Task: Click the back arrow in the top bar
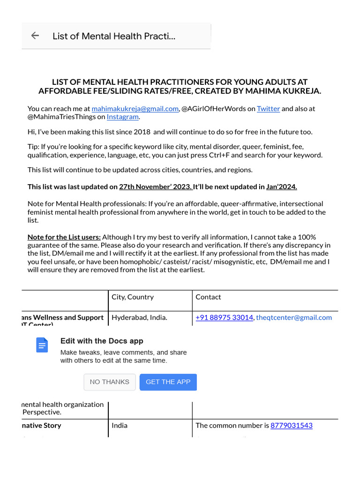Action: (35, 36)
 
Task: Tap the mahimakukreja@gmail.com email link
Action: (135, 109)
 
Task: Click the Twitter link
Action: (268, 109)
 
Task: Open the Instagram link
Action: (122, 117)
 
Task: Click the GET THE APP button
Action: (168, 382)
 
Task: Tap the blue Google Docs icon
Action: (42, 345)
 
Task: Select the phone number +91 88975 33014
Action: (224, 317)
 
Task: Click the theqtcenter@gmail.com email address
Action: (294, 317)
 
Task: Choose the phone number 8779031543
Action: (291, 426)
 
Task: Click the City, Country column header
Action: (133, 297)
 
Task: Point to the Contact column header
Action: (208, 297)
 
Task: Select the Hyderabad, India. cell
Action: (139, 317)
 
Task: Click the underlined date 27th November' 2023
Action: (156, 187)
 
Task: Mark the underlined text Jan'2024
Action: (281, 187)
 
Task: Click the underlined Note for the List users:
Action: (64, 237)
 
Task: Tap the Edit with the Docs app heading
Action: (102, 341)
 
